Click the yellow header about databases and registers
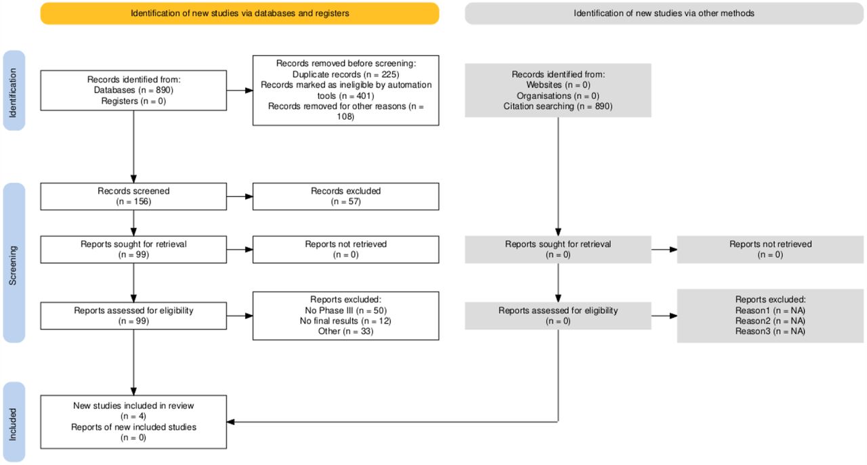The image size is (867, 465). tap(240, 14)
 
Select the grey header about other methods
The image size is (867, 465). tap(664, 14)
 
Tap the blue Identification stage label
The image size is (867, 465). tap(14, 91)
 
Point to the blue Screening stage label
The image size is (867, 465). tap(14, 263)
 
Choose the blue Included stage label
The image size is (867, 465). tap(14, 422)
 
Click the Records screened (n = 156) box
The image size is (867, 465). tap(133, 196)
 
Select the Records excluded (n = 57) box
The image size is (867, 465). tap(345, 196)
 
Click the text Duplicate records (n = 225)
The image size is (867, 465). tap(345, 74)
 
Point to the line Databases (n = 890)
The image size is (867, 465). tap(133, 90)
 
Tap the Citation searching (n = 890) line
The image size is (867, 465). tap(557, 106)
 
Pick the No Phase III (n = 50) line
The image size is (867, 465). tap(345, 311)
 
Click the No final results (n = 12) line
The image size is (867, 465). tap(345, 321)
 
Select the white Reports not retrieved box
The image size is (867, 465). tap(345, 250)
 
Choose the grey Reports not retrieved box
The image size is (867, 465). tap(770, 250)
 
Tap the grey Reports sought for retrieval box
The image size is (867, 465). tap(557, 250)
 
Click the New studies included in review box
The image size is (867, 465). tap(133, 422)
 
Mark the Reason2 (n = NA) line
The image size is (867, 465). tap(770, 321)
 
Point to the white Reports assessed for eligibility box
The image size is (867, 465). tap(133, 316)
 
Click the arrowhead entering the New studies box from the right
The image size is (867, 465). tap(231, 422)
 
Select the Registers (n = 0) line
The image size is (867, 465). tap(133, 101)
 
